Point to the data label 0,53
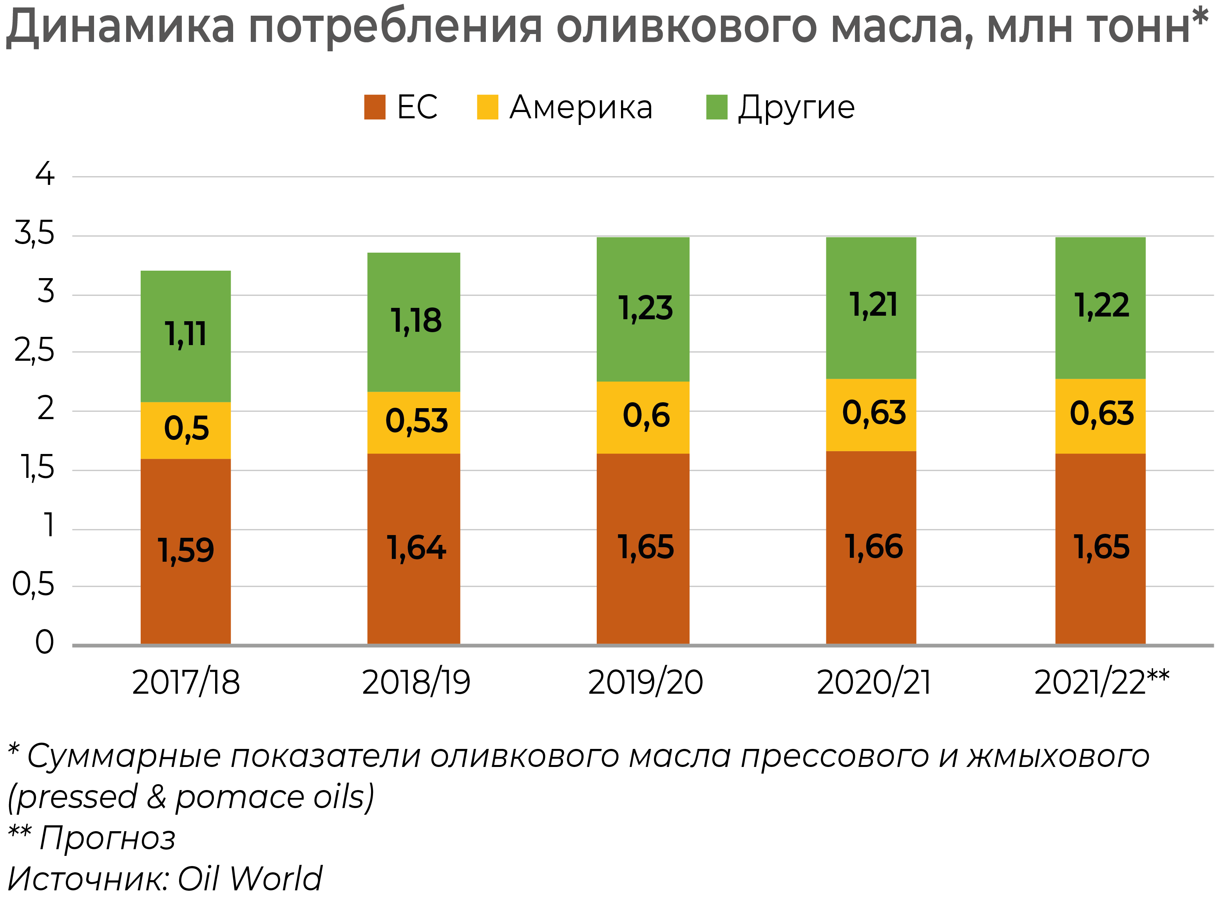(x=416, y=421)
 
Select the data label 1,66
(x=873, y=547)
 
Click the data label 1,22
(x=1101, y=305)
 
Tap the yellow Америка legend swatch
(x=487, y=107)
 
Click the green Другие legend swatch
(x=716, y=107)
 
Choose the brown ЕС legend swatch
(x=375, y=107)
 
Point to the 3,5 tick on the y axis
(x=34, y=233)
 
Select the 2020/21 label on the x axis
(x=873, y=683)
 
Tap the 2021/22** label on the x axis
(x=1101, y=683)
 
